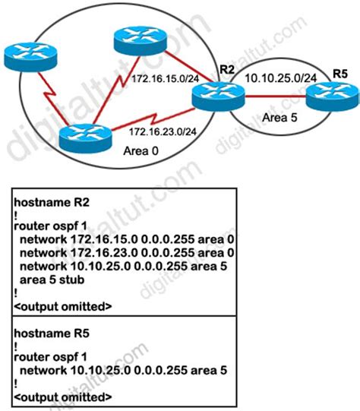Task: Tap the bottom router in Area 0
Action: click(83, 140)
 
